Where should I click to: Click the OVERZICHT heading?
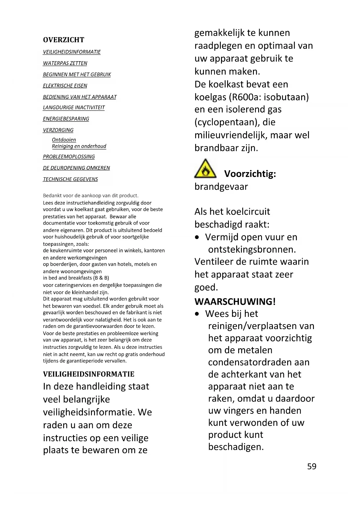point(64,40)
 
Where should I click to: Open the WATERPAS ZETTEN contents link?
point(65,63)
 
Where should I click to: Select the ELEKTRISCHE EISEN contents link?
point(65,86)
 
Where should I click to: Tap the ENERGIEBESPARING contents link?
point(66,119)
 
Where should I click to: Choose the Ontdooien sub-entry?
point(64,140)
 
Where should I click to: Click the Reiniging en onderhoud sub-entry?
point(79,146)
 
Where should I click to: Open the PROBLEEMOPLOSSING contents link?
point(69,157)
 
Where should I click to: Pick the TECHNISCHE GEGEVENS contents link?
point(70,179)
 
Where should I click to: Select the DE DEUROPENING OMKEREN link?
point(76,168)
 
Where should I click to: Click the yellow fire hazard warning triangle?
point(205,169)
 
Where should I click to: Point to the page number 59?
point(312,466)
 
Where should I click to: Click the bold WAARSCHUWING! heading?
point(235,302)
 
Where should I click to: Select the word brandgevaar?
point(221,186)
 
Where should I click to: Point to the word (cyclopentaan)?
point(227,122)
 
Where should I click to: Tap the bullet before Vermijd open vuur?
point(197,237)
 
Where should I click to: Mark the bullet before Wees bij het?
point(197,314)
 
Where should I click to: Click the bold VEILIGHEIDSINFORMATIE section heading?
point(88,374)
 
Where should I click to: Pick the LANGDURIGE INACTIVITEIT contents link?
point(74,107)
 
